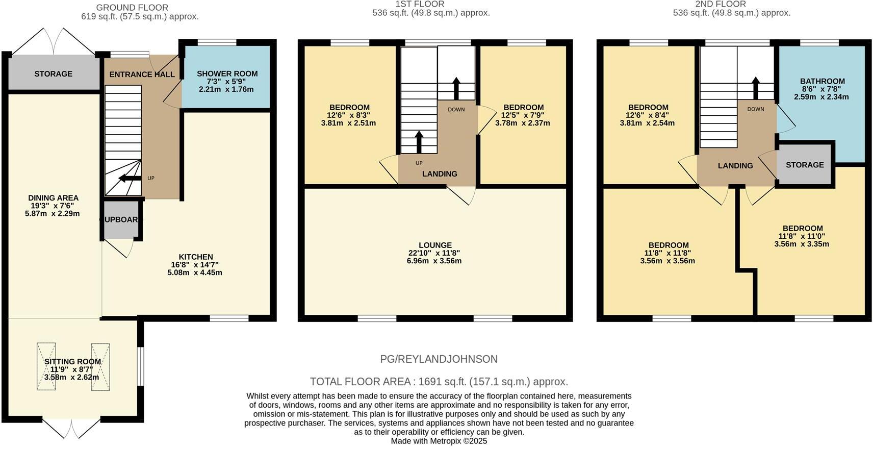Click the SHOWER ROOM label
click(227, 73)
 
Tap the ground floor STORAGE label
click(53, 74)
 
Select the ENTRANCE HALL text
click(142, 74)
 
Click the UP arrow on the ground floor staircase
click(130, 178)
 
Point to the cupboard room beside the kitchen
click(121, 220)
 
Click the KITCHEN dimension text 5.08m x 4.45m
click(195, 272)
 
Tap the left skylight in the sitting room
click(46, 367)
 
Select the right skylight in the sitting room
click(100, 367)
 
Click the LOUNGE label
click(435, 245)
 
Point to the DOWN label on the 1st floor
click(456, 109)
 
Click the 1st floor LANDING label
click(440, 174)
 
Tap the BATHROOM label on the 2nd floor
click(822, 81)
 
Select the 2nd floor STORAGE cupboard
click(805, 165)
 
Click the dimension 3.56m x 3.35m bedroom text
click(802, 244)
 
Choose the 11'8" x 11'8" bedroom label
click(667, 253)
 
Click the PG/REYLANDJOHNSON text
click(439, 359)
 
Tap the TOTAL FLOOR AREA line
click(439, 382)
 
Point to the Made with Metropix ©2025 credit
click(439, 441)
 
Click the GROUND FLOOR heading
click(132, 8)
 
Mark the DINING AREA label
click(53, 198)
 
